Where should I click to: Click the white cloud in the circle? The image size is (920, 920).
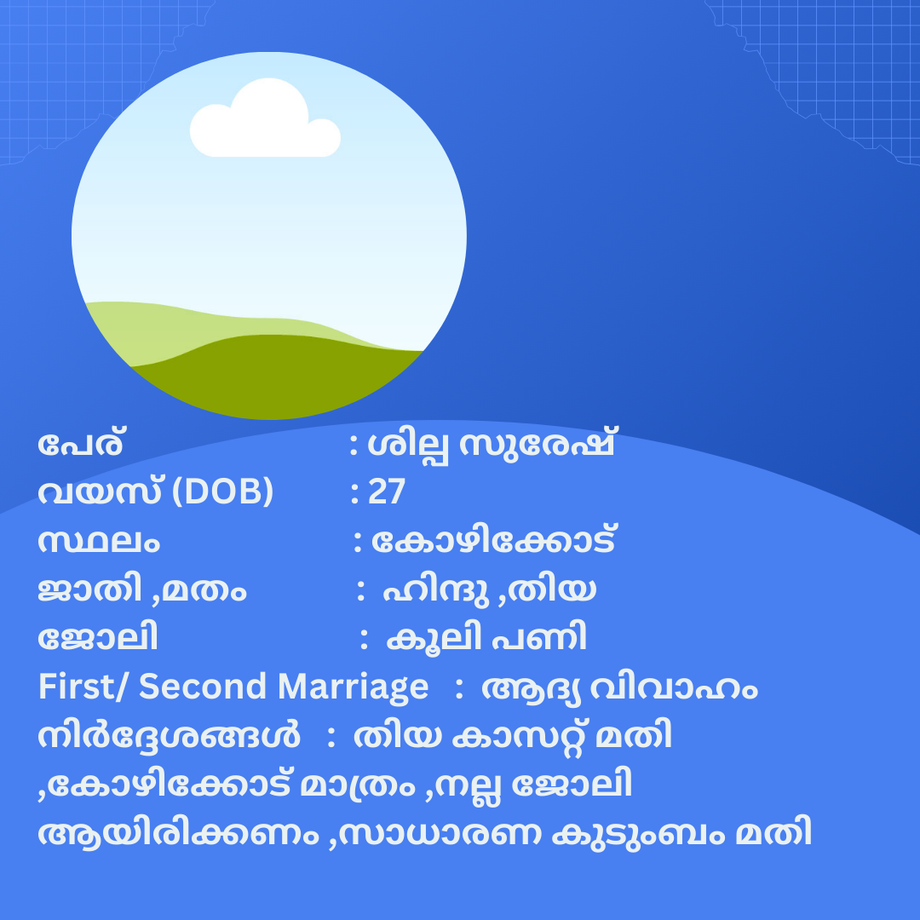265,120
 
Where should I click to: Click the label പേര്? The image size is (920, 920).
80,444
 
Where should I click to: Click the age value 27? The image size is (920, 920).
387,492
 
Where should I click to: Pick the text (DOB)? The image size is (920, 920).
223,492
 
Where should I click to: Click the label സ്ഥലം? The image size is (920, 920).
99,542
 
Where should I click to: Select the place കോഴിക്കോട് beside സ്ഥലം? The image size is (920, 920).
493,540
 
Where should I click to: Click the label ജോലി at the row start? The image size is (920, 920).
98,637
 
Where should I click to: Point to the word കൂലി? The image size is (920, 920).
434,638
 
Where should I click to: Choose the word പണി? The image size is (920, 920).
539,637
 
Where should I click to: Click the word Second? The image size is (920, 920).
202,687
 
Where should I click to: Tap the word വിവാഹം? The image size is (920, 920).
674,688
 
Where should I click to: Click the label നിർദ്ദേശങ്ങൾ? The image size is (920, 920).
169,736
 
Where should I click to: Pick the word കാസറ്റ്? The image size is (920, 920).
518,736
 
